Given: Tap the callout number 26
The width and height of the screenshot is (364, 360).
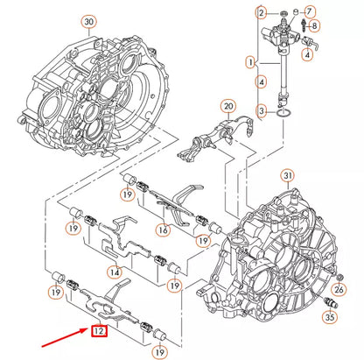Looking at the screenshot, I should click(340, 288).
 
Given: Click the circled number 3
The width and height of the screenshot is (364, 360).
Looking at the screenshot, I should click(261, 109).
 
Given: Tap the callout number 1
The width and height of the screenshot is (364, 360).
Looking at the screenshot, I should click(251, 62).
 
